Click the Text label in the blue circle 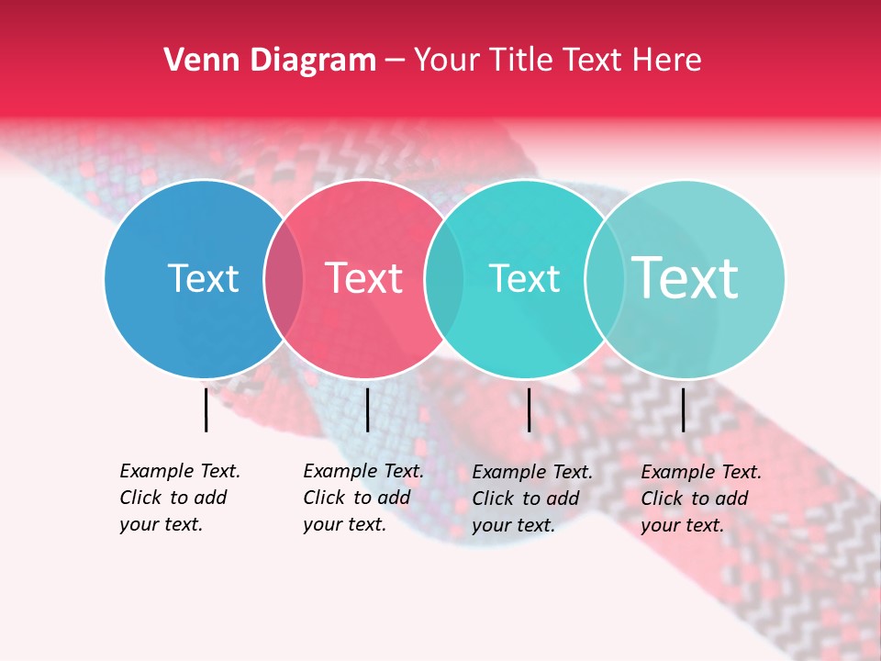203,278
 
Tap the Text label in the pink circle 363,278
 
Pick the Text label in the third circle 524,278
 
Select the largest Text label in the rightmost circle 686,277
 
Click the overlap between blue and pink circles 284,279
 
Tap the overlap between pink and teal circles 444,279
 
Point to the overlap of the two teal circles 604,279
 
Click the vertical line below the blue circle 206,409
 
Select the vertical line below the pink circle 367,409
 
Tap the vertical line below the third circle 529,409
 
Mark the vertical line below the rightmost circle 683,409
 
